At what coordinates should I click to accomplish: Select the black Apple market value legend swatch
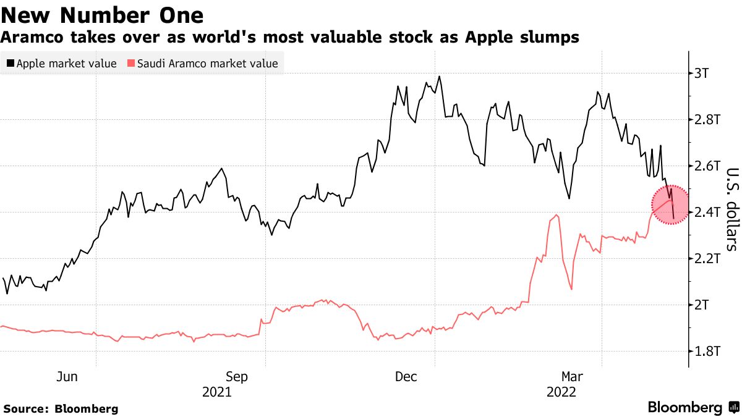(x=10, y=63)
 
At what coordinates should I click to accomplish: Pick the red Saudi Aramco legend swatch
(x=130, y=63)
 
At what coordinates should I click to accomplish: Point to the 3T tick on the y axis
(x=706, y=74)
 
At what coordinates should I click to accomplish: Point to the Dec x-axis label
(x=406, y=376)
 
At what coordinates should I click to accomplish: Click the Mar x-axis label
(x=571, y=376)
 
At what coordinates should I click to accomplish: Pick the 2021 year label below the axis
(x=218, y=392)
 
